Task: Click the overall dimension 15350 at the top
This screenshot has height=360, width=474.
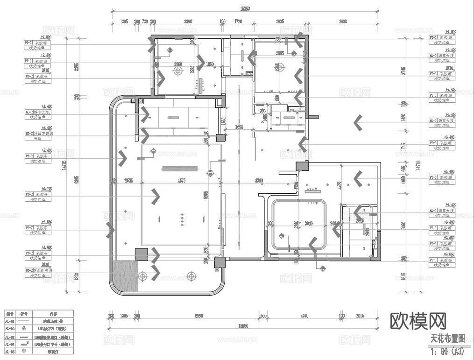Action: click(x=246, y=8)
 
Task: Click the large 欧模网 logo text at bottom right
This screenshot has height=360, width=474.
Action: click(x=418, y=321)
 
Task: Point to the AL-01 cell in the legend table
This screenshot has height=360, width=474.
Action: click(x=10, y=321)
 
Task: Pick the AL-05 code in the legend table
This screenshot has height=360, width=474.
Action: click(x=10, y=351)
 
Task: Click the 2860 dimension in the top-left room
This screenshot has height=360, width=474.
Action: click(x=178, y=64)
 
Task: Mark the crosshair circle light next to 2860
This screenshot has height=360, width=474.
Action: click(x=177, y=71)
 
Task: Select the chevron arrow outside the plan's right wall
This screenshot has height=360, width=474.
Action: click(x=359, y=122)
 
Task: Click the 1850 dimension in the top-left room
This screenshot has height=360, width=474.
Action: click(x=210, y=64)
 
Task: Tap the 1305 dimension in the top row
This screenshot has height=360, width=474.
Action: click(x=124, y=21)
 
